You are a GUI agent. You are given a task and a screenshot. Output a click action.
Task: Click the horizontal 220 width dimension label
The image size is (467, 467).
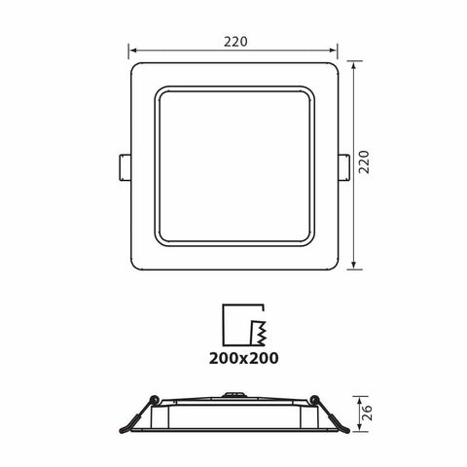pyautogui.click(x=233, y=42)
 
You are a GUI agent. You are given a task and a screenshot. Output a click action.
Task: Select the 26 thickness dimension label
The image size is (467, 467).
pyautogui.click(x=367, y=414)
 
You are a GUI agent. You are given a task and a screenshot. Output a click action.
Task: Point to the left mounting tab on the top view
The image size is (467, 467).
pyautogui.click(x=123, y=165)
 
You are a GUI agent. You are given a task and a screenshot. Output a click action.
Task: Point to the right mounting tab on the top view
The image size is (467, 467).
pyautogui.click(x=344, y=165)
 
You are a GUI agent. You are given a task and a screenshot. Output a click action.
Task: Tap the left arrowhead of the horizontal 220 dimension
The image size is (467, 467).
pyautogui.click(x=133, y=54)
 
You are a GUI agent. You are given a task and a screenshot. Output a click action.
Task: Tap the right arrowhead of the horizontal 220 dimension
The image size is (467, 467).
pyautogui.click(x=336, y=54)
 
